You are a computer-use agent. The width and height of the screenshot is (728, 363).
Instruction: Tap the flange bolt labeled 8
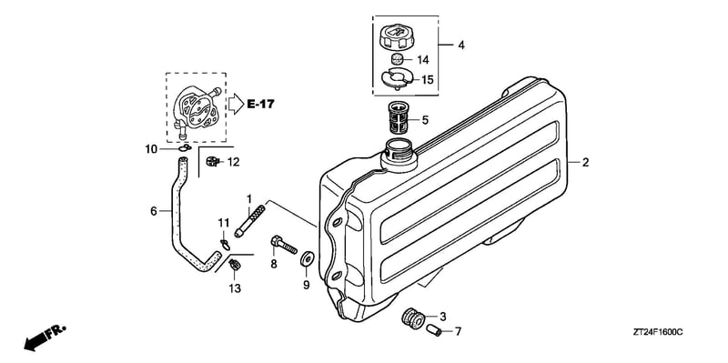click(x=284, y=245)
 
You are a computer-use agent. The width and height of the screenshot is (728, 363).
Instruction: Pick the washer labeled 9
click(x=307, y=259)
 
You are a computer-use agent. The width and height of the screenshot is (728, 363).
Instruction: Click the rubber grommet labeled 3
click(x=413, y=319)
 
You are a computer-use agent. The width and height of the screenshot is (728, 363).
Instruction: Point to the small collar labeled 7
click(x=434, y=330)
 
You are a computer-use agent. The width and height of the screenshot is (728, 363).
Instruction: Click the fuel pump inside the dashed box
click(x=195, y=109)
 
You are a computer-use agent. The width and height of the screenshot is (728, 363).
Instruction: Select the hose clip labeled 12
click(x=212, y=162)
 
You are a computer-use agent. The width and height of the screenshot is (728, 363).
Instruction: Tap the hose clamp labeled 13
click(x=235, y=265)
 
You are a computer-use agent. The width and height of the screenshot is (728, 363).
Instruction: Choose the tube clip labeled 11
click(x=225, y=244)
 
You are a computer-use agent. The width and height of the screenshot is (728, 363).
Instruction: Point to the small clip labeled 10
click(x=184, y=148)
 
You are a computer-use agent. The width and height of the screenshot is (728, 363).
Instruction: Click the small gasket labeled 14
click(x=396, y=59)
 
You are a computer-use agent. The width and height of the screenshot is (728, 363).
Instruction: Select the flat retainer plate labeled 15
click(x=397, y=77)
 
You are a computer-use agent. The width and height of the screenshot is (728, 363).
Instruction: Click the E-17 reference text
click(x=260, y=104)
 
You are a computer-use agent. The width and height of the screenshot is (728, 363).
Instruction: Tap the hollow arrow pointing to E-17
click(x=236, y=104)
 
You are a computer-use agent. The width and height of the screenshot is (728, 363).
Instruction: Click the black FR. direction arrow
click(x=45, y=337)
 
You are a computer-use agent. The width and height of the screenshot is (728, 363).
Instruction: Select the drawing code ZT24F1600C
click(x=657, y=332)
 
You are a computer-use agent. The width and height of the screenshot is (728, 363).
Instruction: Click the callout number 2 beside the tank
click(x=585, y=163)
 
